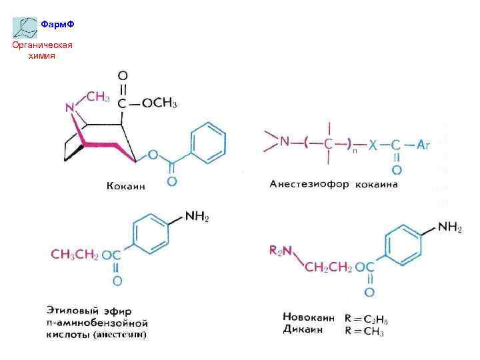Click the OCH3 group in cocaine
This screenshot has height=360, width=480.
click(x=159, y=103)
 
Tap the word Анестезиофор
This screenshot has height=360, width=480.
click(x=310, y=184)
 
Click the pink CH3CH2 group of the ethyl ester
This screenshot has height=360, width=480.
click(x=75, y=253)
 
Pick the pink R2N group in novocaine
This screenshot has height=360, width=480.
click(x=280, y=250)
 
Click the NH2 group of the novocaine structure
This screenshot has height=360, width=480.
click(x=450, y=228)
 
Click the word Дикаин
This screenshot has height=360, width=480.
click(x=302, y=329)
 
